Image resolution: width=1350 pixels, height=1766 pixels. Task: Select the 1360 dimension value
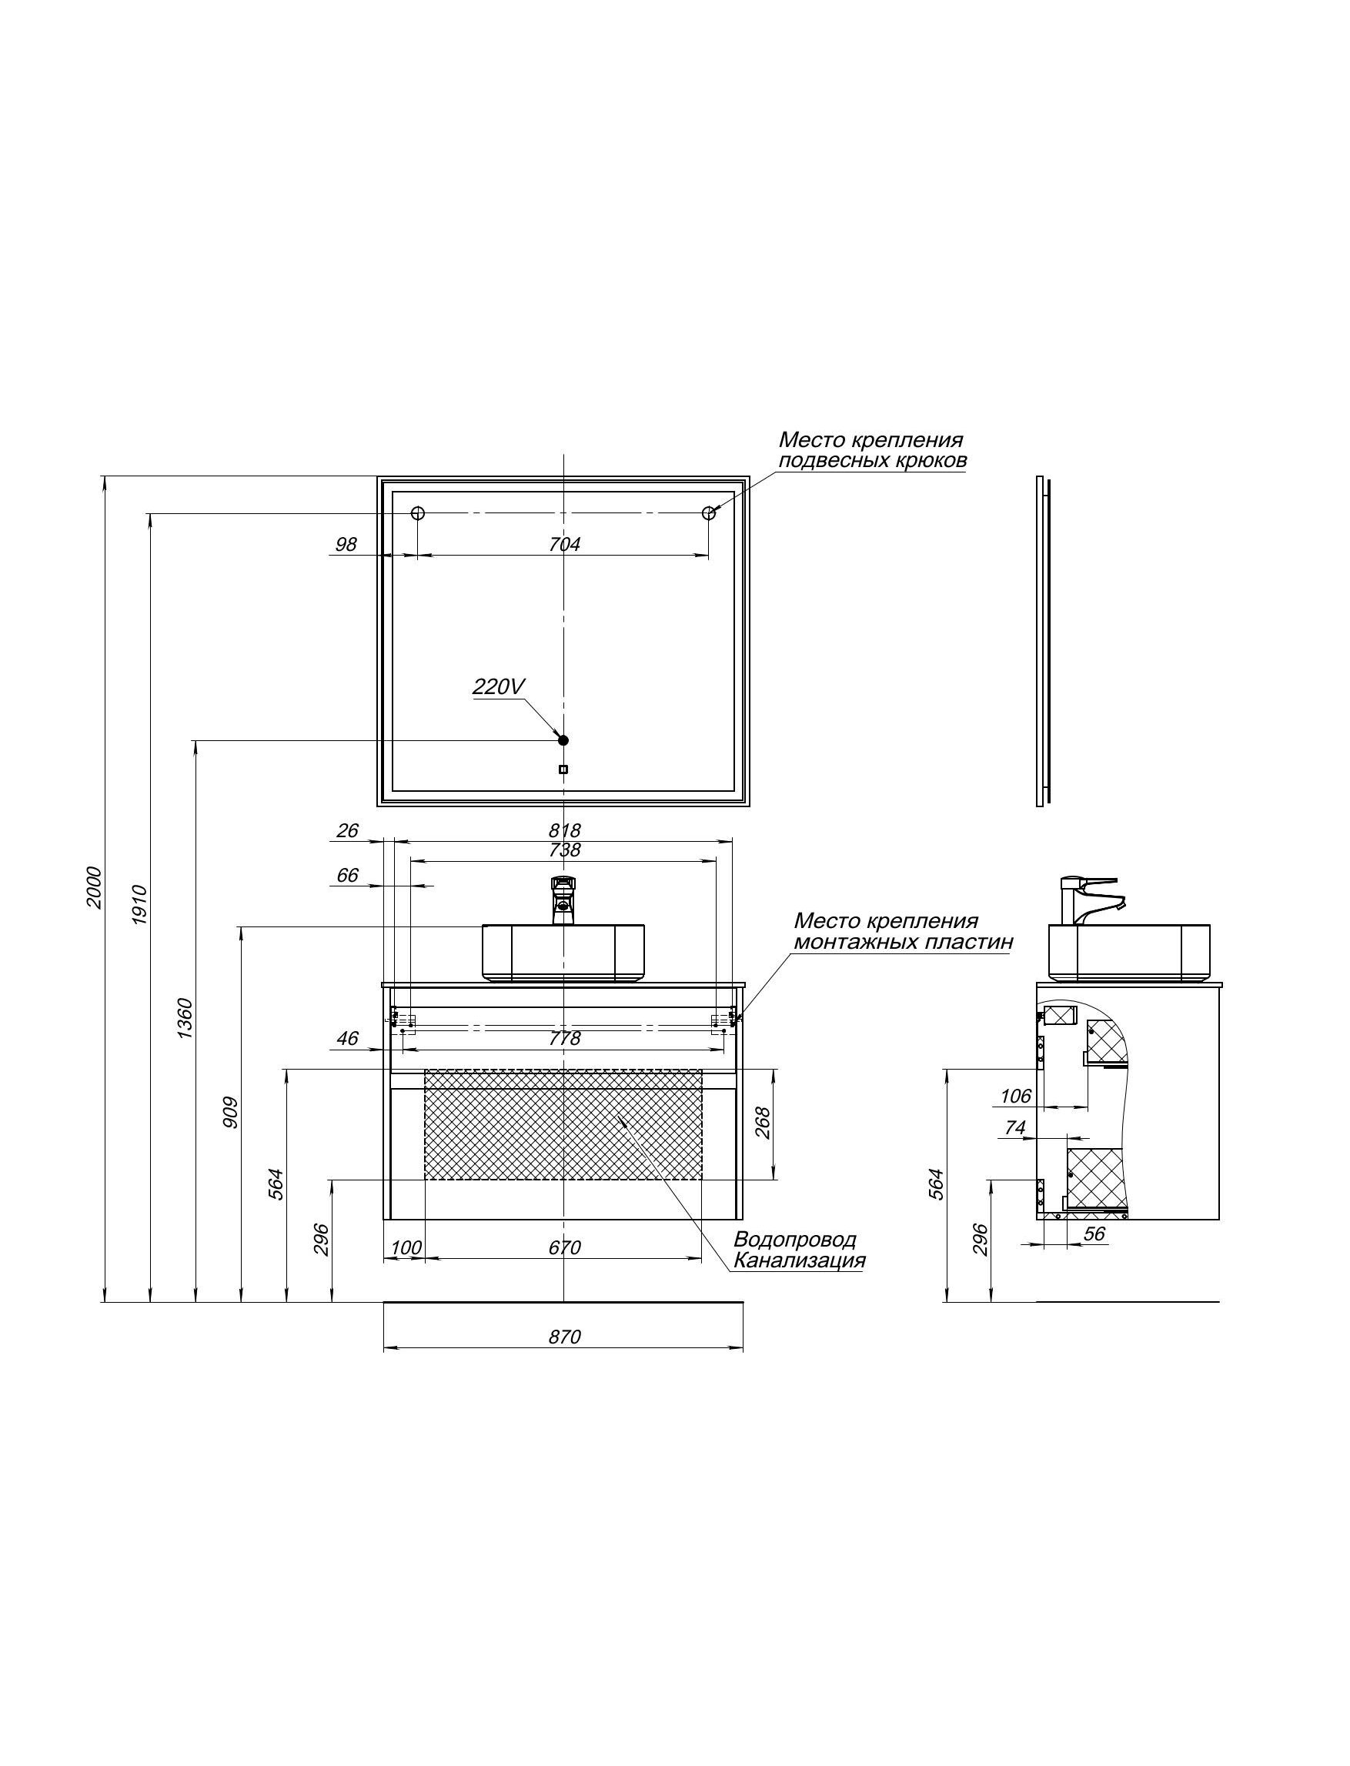pyautogui.click(x=185, y=1018)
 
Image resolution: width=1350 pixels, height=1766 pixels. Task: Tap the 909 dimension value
pyautogui.click(x=231, y=1112)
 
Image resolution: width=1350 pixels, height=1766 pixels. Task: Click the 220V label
pyautogui.click(x=498, y=686)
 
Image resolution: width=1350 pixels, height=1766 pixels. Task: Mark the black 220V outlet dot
pyautogui.click(x=563, y=740)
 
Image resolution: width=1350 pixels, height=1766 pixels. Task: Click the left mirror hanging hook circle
pyautogui.click(x=418, y=513)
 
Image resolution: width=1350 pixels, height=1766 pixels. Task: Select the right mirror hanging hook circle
pyautogui.click(x=709, y=513)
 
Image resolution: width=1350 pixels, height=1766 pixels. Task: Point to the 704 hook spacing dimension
pyautogui.click(x=564, y=544)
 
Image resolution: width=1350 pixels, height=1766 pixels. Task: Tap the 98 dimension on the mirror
pyautogui.click(x=346, y=544)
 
